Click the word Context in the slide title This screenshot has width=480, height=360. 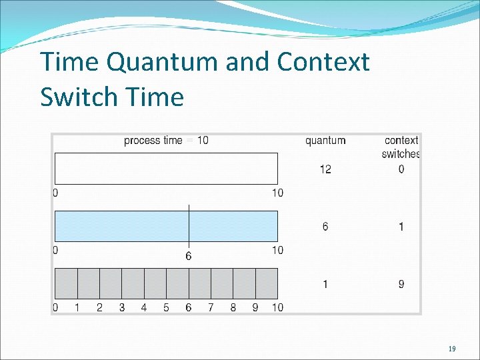point(323,62)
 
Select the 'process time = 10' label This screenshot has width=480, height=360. point(166,140)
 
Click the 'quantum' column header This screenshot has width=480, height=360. point(325,140)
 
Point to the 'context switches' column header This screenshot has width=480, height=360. point(401,147)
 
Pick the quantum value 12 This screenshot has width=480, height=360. point(325,169)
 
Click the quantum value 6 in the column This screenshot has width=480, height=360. point(325,227)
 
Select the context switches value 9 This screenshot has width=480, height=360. point(401,284)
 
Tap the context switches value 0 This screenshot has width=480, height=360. point(401,169)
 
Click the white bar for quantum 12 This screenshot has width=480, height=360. point(166,169)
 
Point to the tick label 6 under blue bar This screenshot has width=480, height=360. point(189,256)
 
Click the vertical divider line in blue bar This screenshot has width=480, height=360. point(189,225)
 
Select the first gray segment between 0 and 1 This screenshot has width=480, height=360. point(66,283)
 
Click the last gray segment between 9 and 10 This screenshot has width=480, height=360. point(267,283)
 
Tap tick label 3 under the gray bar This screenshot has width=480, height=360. point(122,307)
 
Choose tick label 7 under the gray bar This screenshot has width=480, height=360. point(211,307)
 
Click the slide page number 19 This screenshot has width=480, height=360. point(452,349)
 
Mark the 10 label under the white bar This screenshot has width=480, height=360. point(277,193)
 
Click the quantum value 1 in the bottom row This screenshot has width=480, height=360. point(325,284)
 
